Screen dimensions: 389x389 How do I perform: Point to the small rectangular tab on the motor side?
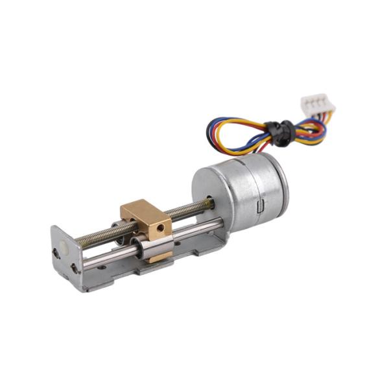coord(261,207)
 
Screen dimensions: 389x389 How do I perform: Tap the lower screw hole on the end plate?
coord(75,267)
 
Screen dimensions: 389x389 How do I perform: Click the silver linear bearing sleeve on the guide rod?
coord(156,246)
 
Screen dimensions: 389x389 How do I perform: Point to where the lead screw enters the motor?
coord(211,203)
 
